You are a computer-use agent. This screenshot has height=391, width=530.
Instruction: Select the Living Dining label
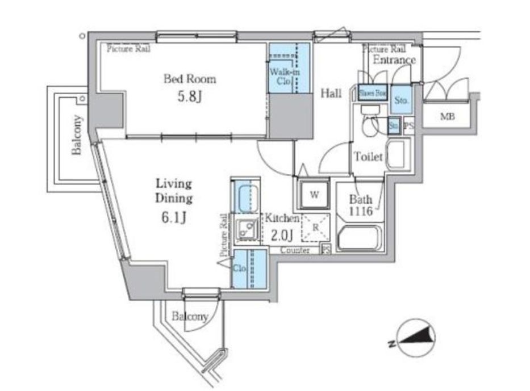pos(174,192)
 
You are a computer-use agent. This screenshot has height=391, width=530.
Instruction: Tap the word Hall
pos(332,93)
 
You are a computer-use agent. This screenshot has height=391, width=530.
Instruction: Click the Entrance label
pos(394,60)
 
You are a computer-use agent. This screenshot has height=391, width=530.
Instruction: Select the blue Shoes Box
pos(373,93)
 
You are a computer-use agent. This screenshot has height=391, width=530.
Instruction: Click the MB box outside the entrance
pos(447,117)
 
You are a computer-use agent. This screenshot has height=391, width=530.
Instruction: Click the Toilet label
pos(369,157)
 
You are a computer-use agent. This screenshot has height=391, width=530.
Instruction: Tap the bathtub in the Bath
pos(360,238)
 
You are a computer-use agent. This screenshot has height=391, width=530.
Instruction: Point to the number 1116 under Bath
pos(361,211)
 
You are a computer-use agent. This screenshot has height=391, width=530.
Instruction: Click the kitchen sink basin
pos(246,230)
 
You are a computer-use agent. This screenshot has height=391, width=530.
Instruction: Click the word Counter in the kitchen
pos(295,250)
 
